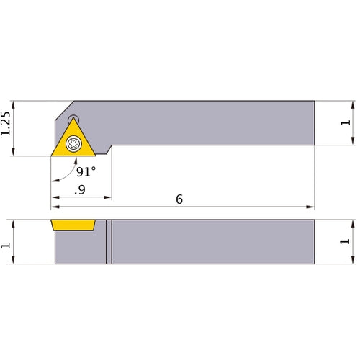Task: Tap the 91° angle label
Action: coord(85,172)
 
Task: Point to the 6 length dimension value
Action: coord(179,199)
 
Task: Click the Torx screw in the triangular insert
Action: coord(73,144)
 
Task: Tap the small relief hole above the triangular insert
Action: coord(73,120)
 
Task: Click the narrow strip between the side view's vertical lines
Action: coord(109,242)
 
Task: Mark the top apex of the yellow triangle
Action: coord(73,120)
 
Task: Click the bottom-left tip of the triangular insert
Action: coord(51,156)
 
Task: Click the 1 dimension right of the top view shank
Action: coord(346,123)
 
